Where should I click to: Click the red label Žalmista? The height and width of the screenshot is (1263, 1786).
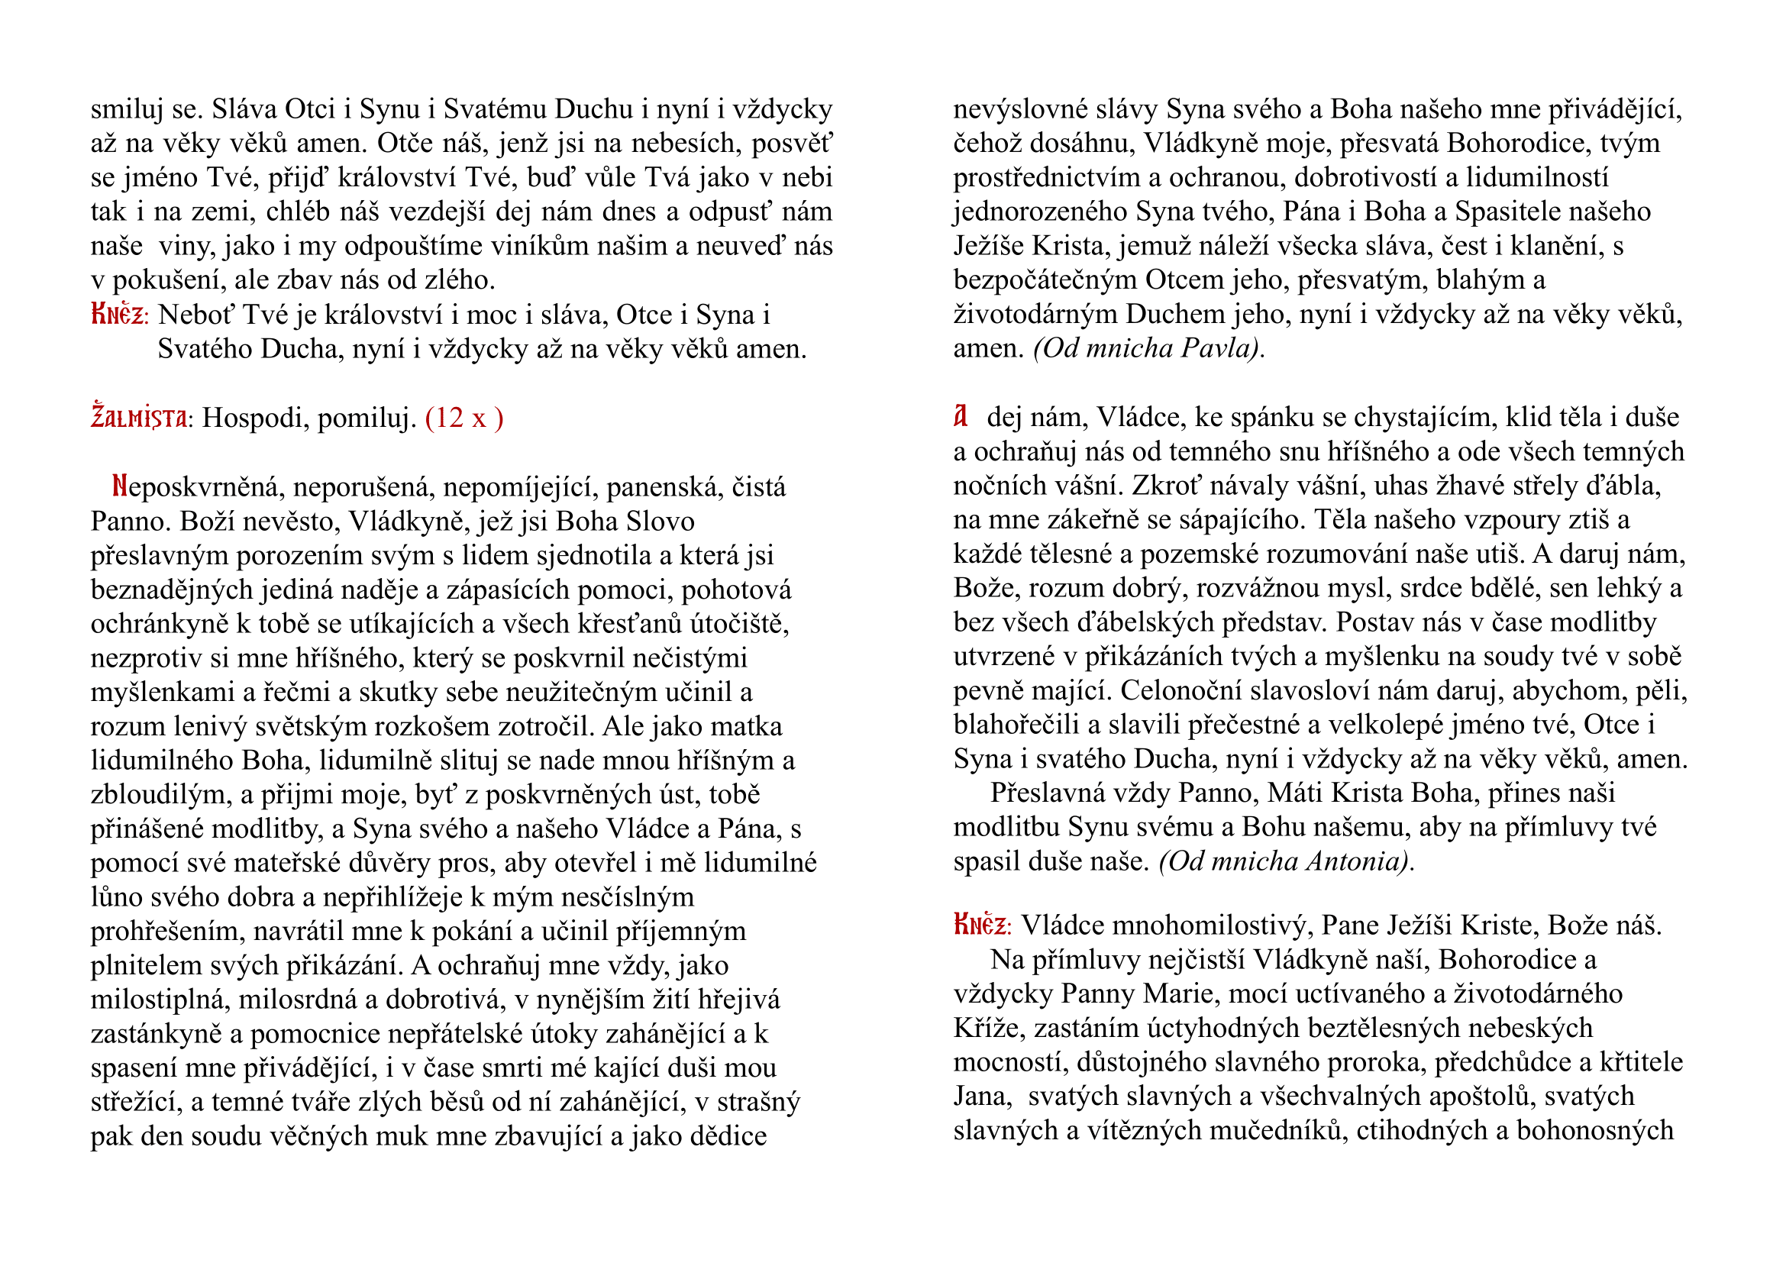[138, 418]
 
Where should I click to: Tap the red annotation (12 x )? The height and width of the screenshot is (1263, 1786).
[464, 418]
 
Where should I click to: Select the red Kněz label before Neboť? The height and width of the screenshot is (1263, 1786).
[118, 315]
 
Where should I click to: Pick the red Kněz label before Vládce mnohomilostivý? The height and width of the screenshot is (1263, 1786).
[981, 925]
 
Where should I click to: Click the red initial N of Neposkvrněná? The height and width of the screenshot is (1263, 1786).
[120, 487]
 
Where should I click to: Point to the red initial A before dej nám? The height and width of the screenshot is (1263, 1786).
[961, 417]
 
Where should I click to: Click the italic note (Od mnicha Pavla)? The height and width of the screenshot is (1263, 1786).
[1148, 348]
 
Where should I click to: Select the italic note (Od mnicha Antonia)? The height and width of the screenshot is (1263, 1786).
[1285, 861]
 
